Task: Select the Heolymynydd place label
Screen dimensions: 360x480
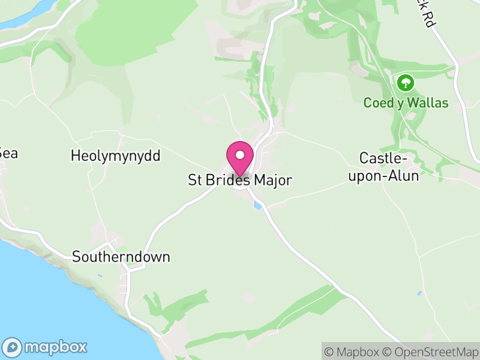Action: coord(115,156)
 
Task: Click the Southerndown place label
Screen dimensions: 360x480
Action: coord(121,257)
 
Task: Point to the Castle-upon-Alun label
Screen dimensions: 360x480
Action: coord(388,167)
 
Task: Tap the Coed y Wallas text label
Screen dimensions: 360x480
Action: coord(406,103)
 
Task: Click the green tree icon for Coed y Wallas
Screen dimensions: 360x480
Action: coord(406,82)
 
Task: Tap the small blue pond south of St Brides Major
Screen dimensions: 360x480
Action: coord(258,206)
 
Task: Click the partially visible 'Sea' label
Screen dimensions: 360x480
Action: coord(8,153)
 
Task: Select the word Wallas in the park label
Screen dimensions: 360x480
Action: coord(428,103)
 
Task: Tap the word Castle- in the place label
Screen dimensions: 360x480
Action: coord(383,158)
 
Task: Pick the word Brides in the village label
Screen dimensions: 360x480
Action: coord(229,180)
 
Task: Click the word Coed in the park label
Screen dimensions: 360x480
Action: coord(376,103)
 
